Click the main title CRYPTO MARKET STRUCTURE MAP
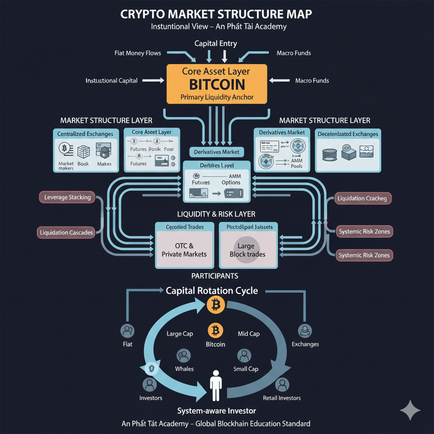click(x=217, y=14)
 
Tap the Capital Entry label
click(x=216, y=43)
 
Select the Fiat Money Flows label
click(x=138, y=53)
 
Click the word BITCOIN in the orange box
click(x=217, y=84)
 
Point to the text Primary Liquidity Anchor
click(x=217, y=97)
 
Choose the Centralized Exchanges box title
click(x=85, y=134)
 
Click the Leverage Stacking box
click(x=68, y=197)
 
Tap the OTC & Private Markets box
click(x=184, y=250)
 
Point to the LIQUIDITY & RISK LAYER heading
click(x=216, y=214)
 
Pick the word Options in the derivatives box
click(x=231, y=183)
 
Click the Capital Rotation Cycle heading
click(x=212, y=291)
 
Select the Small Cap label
click(x=246, y=369)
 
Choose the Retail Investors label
click(x=282, y=398)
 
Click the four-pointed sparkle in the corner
click(x=410, y=410)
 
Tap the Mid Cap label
click(x=249, y=334)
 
